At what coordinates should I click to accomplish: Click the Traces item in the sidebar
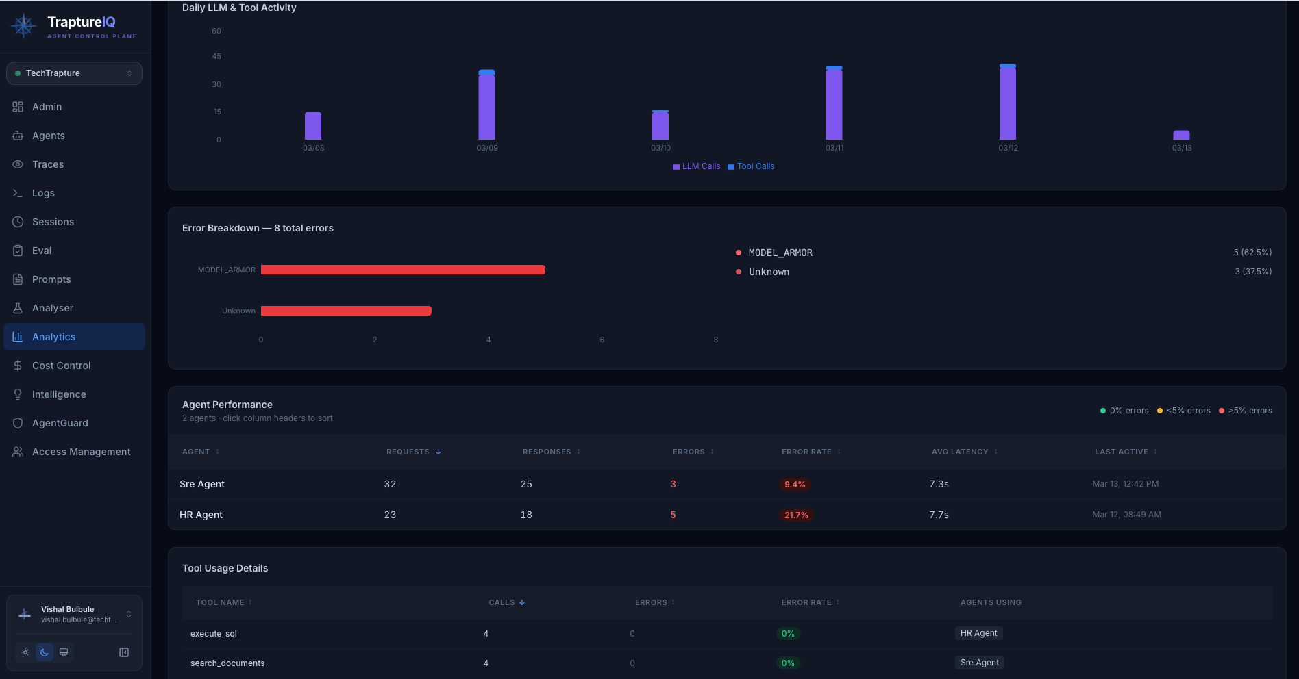(x=48, y=164)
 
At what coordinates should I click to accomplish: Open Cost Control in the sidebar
(x=61, y=366)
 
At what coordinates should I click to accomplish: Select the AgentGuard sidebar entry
(x=60, y=423)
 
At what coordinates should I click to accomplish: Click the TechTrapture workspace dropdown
(x=74, y=73)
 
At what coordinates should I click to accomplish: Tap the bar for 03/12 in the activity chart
(x=1008, y=103)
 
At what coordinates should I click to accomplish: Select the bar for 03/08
(x=313, y=126)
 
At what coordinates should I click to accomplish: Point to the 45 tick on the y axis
(x=216, y=56)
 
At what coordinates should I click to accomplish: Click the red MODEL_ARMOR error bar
(x=403, y=270)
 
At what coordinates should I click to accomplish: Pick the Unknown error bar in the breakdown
(x=346, y=311)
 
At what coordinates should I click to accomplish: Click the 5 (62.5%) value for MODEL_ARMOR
(x=1252, y=253)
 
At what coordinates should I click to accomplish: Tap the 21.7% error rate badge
(x=796, y=515)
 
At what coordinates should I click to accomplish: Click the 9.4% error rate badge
(x=795, y=484)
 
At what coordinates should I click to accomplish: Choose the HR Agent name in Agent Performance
(x=201, y=515)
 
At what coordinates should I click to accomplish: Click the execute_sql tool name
(x=214, y=634)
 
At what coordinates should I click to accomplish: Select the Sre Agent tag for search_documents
(x=979, y=663)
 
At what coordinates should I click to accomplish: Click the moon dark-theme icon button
(x=45, y=652)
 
